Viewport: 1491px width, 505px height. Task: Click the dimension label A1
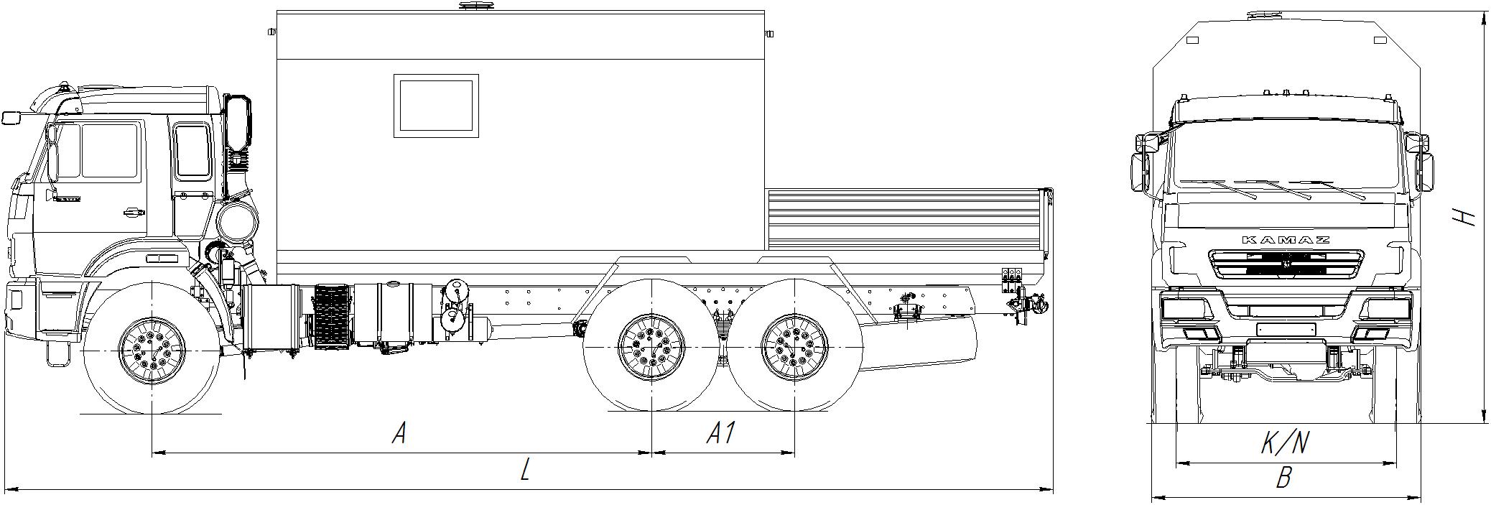[x=721, y=433]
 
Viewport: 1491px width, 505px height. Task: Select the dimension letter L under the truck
[x=526, y=471]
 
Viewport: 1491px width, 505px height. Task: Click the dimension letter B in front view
[x=1285, y=478]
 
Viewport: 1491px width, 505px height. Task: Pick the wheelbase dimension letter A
[x=399, y=433]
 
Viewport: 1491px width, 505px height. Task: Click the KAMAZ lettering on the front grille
[x=1286, y=240]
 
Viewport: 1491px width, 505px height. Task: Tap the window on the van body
[x=436, y=105]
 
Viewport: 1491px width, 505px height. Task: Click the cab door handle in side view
[x=133, y=212]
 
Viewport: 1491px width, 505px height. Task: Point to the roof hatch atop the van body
[x=476, y=6]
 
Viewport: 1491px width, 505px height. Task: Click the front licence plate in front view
[x=1286, y=329]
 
